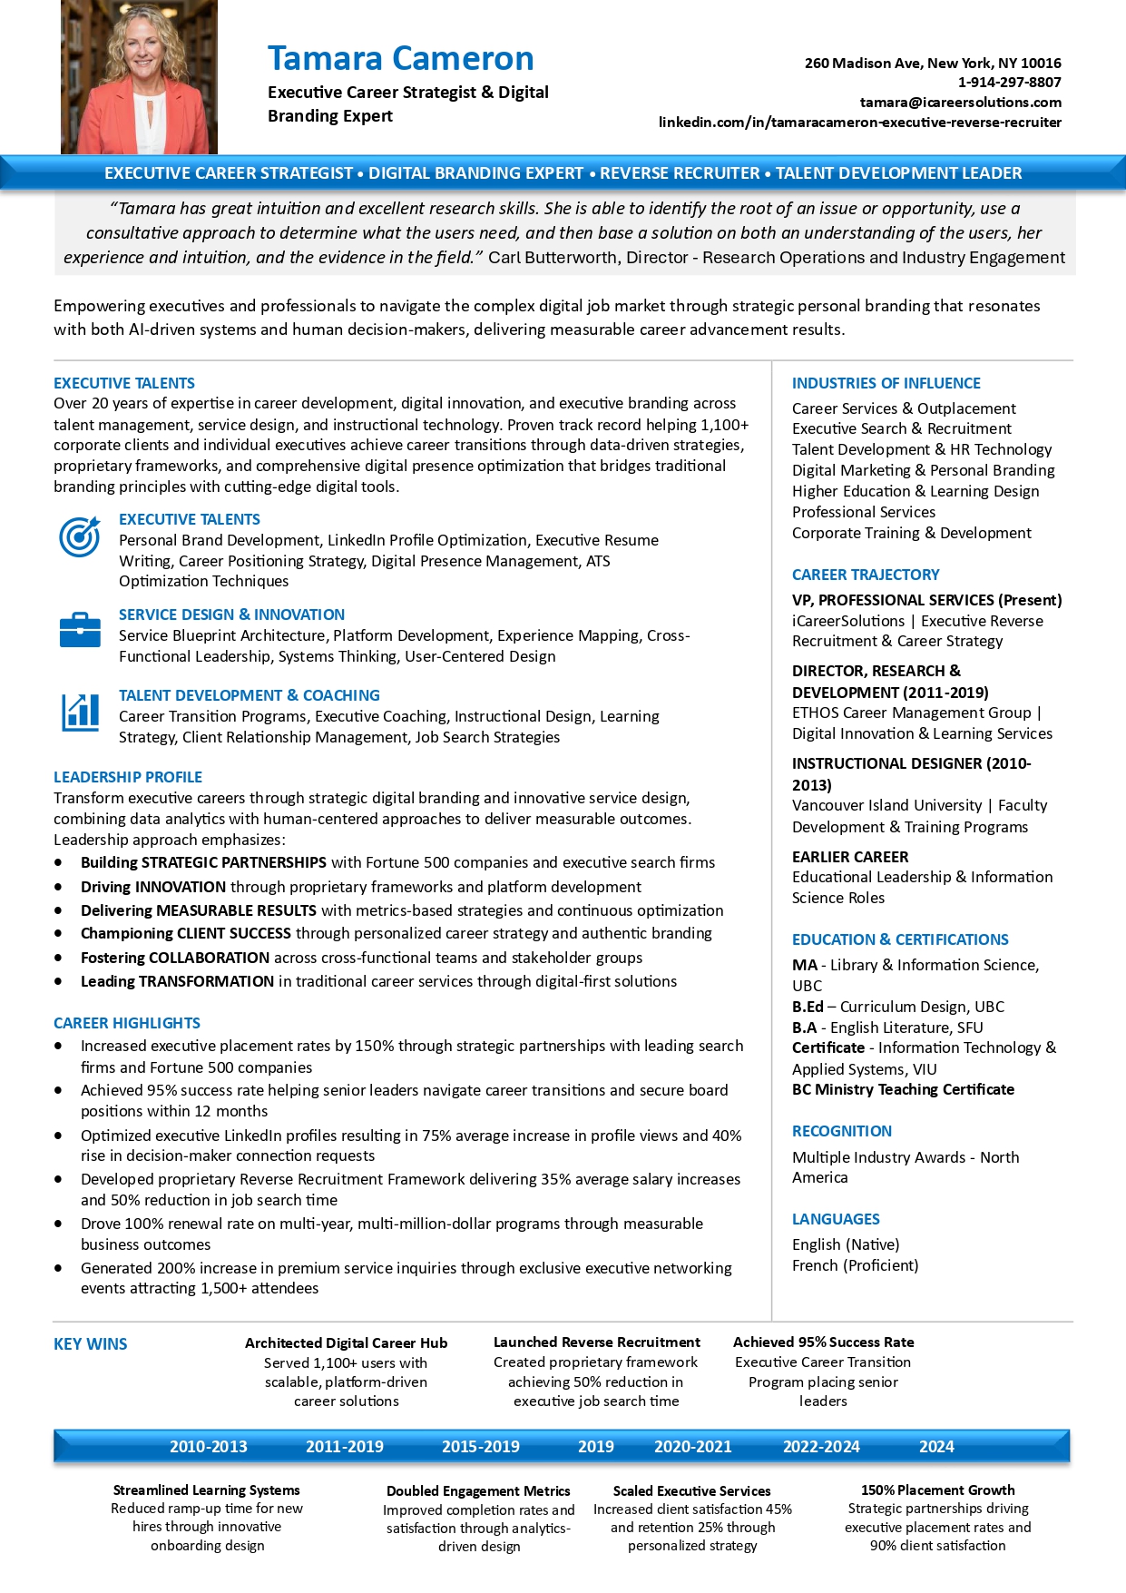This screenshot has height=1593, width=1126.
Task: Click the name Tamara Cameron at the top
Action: (400, 59)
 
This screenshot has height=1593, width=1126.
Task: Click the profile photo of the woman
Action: (139, 77)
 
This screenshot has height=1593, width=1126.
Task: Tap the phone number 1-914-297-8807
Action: (1009, 83)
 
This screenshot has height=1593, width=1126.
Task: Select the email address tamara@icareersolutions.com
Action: (960, 103)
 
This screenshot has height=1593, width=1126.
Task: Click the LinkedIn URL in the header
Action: (859, 123)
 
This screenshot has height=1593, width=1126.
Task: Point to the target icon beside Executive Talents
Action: (80, 536)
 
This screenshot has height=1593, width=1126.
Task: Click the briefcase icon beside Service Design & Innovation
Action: (80, 629)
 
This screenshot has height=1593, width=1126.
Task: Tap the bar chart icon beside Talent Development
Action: (80, 712)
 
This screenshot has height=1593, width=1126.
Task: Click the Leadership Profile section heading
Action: (128, 777)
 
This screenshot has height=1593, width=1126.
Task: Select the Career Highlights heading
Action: (127, 1023)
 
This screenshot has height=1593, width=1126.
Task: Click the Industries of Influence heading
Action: (886, 383)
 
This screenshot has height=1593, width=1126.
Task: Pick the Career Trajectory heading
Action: (866, 575)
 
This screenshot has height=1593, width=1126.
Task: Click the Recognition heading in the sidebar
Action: (841, 1131)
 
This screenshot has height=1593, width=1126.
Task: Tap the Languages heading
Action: (836, 1219)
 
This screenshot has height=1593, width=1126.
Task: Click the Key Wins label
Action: (91, 1344)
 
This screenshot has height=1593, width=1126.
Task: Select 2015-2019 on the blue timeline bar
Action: (480, 1447)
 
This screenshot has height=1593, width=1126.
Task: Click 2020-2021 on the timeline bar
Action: (692, 1447)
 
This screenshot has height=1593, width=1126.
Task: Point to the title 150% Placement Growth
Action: (937, 1490)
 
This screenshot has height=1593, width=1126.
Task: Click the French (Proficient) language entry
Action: (855, 1265)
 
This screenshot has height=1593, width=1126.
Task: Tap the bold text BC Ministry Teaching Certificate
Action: (903, 1089)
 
